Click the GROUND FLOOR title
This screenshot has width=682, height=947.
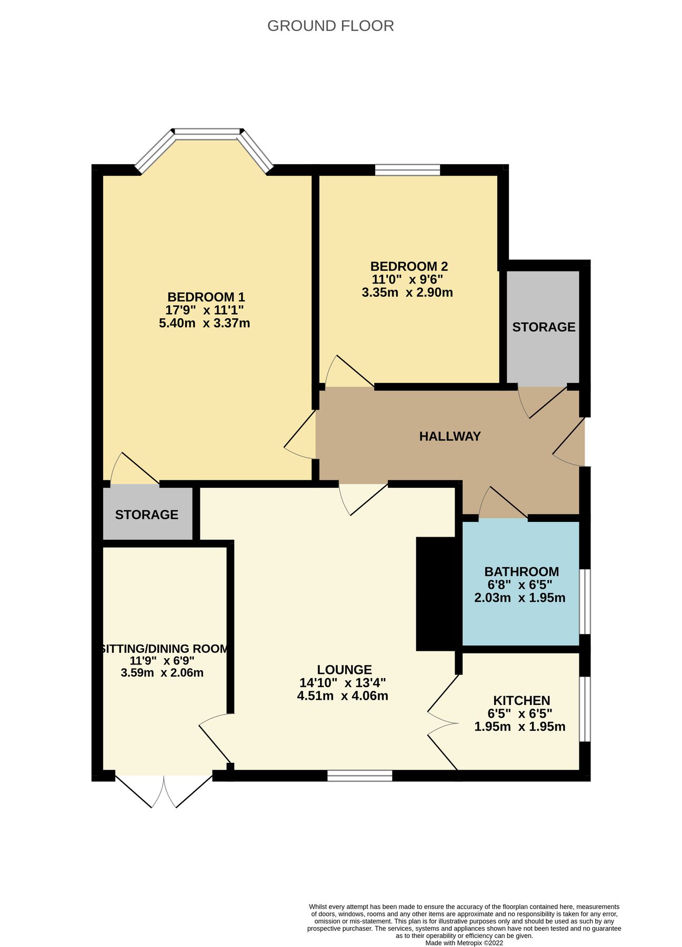point(330,26)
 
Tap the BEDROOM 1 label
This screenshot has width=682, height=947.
point(206,297)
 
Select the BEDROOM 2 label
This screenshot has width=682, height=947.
point(409,267)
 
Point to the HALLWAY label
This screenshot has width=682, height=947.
point(450,436)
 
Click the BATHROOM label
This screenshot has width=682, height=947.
point(521,571)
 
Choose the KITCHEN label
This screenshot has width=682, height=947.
point(521,700)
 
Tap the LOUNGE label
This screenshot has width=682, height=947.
point(344,670)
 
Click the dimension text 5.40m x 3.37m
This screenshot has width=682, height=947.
point(204,323)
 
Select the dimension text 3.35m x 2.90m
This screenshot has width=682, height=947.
point(407,293)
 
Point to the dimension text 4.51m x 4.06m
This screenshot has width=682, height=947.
point(343,696)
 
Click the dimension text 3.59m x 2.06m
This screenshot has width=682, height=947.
point(162,672)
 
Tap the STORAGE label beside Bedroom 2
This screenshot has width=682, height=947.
point(544,327)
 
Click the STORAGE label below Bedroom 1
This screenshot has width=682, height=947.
point(146,515)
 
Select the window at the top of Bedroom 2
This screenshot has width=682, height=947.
point(407,169)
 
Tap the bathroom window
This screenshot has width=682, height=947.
point(585,601)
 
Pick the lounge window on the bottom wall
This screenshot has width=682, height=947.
point(359,775)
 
